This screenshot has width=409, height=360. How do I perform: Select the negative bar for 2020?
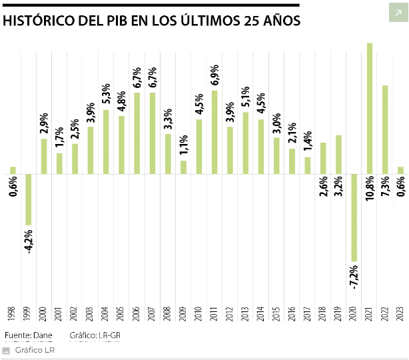[x=354, y=217]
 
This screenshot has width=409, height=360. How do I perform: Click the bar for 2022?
[x=385, y=129]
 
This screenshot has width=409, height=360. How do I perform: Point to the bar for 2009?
[x=183, y=167]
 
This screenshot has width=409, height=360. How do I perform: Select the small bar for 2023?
[x=400, y=171]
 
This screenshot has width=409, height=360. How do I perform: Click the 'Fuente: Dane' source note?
[x=27, y=335]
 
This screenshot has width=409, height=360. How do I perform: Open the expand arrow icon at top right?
[x=398, y=13]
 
